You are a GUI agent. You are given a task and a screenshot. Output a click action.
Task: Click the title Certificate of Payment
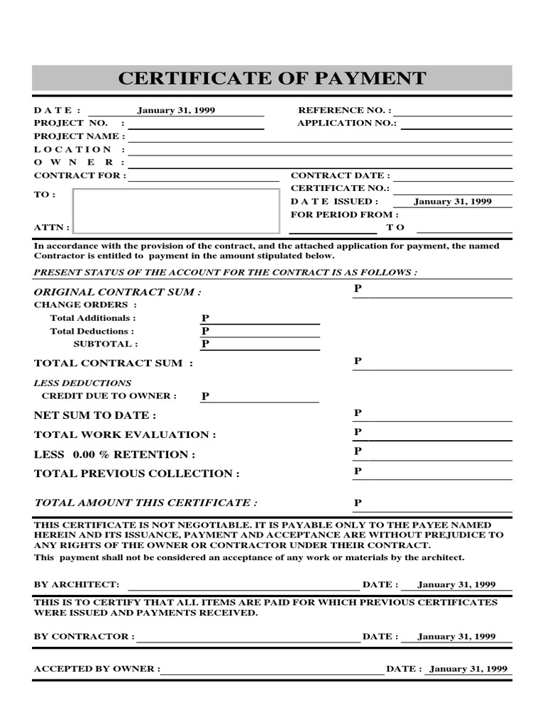coord(272,78)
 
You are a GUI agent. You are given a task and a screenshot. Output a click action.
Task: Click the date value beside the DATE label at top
coord(176,111)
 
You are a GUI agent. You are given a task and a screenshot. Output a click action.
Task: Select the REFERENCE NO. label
coord(344,111)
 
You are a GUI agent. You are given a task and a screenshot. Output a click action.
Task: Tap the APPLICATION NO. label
coord(347,124)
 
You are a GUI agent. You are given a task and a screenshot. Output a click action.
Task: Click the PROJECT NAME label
coord(79,136)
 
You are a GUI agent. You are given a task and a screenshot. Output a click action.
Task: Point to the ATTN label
coord(52,228)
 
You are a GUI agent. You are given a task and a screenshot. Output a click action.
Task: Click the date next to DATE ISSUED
coord(452,202)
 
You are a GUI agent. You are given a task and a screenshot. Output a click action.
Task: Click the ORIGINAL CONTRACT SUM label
coord(117,292)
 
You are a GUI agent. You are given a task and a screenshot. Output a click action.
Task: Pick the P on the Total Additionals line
coord(206,319)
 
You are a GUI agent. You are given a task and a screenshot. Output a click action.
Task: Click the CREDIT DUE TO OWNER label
coord(109,396)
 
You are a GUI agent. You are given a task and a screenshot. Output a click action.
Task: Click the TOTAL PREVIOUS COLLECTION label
coord(136,474)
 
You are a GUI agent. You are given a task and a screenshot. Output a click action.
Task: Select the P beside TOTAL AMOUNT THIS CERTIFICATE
coord(358,503)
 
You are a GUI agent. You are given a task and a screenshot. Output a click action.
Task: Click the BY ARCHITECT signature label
coord(77,584)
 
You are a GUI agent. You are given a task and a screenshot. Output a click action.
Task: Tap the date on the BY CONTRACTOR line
coord(456,637)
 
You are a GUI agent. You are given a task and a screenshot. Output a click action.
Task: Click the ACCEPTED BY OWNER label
coord(97,669)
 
